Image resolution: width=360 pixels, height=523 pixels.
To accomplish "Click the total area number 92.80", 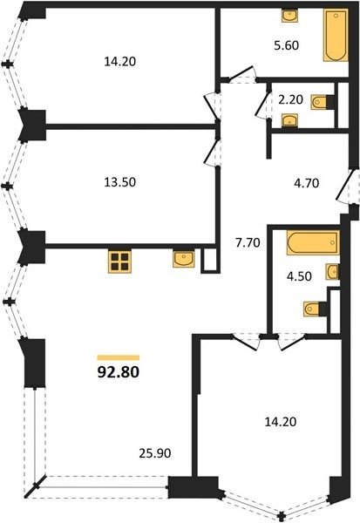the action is (118, 372).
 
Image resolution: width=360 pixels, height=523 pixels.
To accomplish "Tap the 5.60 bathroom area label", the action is (286, 45).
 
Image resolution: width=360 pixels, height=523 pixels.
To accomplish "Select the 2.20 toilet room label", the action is (290, 99).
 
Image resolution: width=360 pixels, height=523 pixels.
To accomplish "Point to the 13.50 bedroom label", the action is (120, 182).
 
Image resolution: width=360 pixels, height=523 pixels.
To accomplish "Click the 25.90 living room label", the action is (155, 453).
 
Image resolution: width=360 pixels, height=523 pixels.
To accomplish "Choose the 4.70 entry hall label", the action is (306, 183).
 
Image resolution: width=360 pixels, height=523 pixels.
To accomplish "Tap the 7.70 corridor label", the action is (248, 243).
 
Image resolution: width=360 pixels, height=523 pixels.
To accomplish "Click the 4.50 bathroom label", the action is (299, 276).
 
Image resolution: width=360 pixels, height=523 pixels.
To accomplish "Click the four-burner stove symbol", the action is (119, 261).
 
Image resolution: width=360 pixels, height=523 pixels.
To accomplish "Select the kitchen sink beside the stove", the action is (184, 259).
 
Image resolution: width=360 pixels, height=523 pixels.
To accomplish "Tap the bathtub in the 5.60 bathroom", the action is (336, 35).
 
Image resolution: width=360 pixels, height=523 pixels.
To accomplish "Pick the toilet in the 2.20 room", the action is (323, 102).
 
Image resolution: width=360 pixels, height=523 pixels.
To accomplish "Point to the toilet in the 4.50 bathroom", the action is (315, 309).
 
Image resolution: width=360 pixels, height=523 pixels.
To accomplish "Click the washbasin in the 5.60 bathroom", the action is (289, 16).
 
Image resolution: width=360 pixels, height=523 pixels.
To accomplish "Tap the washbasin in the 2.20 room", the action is (289, 120).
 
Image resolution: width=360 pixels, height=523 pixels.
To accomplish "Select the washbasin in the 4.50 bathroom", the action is (333, 271).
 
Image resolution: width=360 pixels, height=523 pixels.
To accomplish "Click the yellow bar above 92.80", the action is (118, 358).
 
